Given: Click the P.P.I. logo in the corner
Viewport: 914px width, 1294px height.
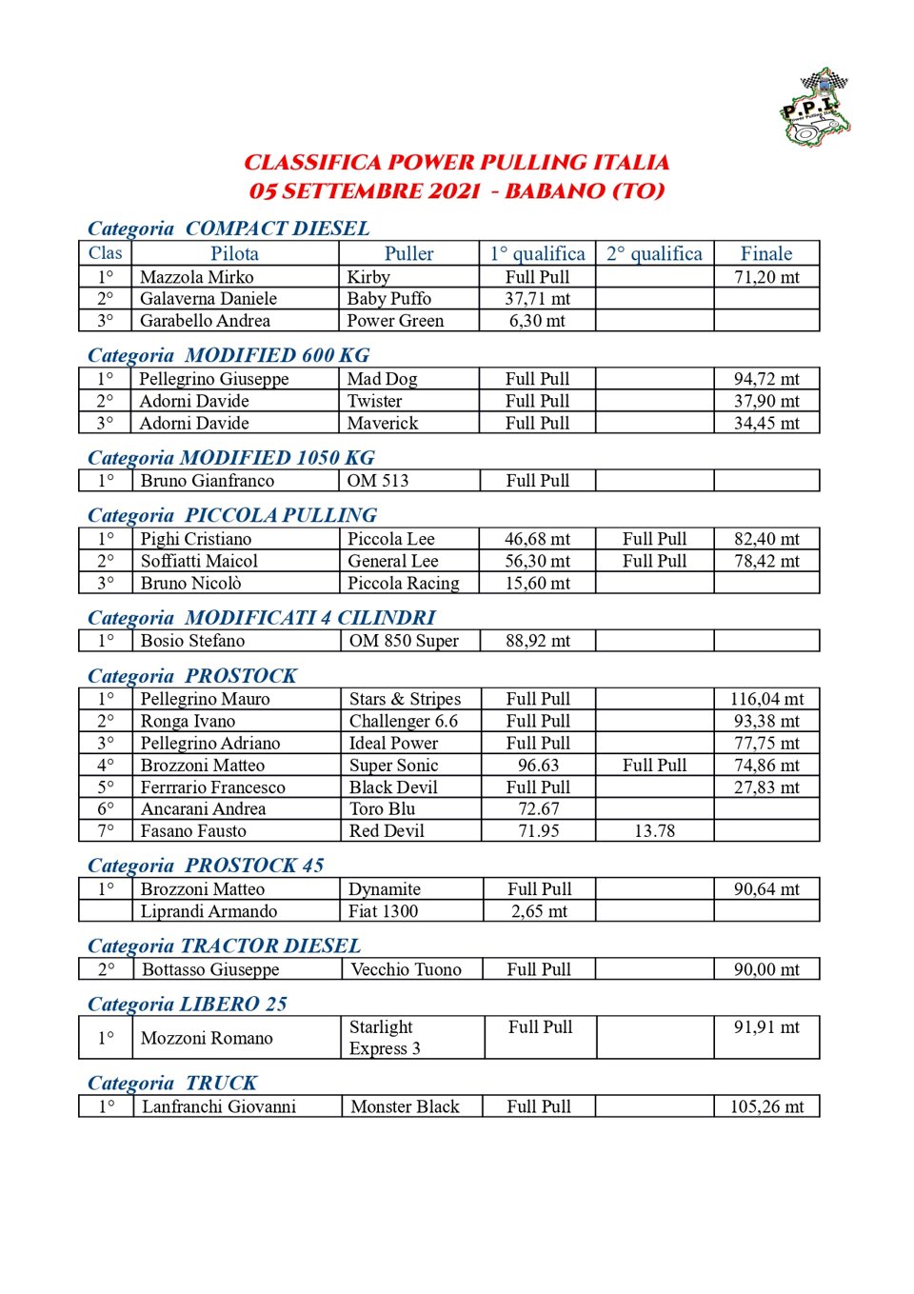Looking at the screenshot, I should pyautogui.click(x=815, y=108).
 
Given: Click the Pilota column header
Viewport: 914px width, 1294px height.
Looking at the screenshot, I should pyautogui.click(x=234, y=254).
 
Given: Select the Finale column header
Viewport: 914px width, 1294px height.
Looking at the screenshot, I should pyautogui.click(x=766, y=254).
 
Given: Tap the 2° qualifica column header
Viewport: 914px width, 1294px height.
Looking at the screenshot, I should pyautogui.click(x=654, y=254).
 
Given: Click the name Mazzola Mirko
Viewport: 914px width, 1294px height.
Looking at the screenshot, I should pyautogui.click(x=197, y=277).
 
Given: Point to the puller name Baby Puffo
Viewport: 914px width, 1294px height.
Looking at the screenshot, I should pyautogui.click(x=388, y=299).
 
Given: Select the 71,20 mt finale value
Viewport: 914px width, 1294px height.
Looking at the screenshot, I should pyautogui.click(x=766, y=277).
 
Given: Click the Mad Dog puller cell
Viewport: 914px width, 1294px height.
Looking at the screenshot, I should pyautogui.click(x=382, y=379).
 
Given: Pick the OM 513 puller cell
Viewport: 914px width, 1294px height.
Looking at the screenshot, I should pyautogui.click(x=378, y=481).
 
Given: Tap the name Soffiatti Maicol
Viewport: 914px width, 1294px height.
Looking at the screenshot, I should pyautogui.click(x=199, y=561).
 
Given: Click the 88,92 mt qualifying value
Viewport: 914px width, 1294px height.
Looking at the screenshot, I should pyautogui.click(x=538, y=641).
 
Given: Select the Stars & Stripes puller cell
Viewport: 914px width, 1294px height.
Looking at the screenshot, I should pyautogui.click(x=405, y=699).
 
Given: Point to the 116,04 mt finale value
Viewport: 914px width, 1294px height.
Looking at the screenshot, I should pyautogui.click(x=766, y=699).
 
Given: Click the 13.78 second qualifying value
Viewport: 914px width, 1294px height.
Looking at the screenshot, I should pyautogui.click(x=654, y=831).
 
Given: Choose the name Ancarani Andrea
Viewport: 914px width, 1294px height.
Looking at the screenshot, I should pyautogui.click(x=203, y=809).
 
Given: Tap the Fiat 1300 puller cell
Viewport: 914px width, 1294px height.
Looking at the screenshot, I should pyautogui.click(x=383, y=911).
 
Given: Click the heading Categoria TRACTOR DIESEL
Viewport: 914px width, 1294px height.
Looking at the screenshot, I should pyautogui.click(x=224, y=946).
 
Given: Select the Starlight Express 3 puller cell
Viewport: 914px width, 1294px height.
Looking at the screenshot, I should pyautogui.click(x=385, y=1038).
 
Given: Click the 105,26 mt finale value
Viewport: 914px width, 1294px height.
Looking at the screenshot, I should pyautogui.click(x=766, y=1106).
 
